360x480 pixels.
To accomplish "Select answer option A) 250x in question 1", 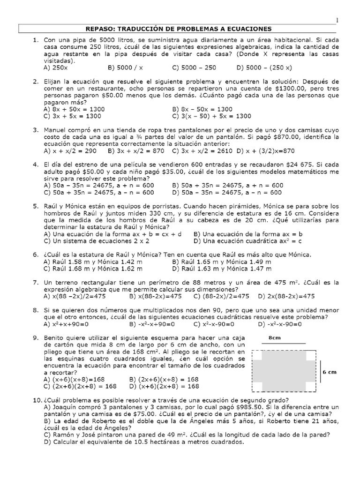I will pos(55,67).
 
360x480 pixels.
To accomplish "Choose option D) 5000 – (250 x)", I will pos(264,67).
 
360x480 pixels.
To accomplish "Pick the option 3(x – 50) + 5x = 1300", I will pos(212,116).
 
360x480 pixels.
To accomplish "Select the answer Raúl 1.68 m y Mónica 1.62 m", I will pos(92,269).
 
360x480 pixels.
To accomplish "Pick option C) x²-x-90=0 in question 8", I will pos(205,324).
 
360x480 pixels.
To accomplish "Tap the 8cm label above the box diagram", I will pos(275,337).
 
